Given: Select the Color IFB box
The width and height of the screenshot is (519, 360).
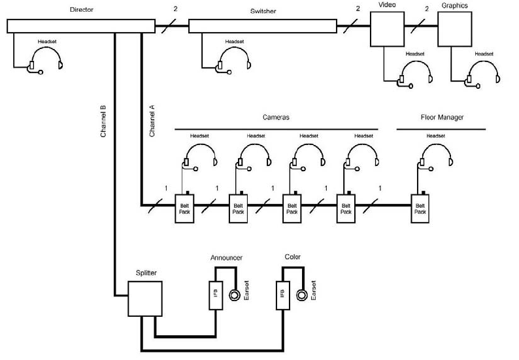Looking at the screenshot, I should (282, 296).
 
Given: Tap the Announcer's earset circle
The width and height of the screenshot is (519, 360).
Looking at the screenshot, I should (235, 295).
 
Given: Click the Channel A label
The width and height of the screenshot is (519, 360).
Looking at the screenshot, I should (152, 120).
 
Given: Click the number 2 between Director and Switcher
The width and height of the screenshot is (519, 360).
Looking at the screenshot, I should (175, 10).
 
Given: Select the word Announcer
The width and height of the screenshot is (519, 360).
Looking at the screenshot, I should (226, 258).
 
